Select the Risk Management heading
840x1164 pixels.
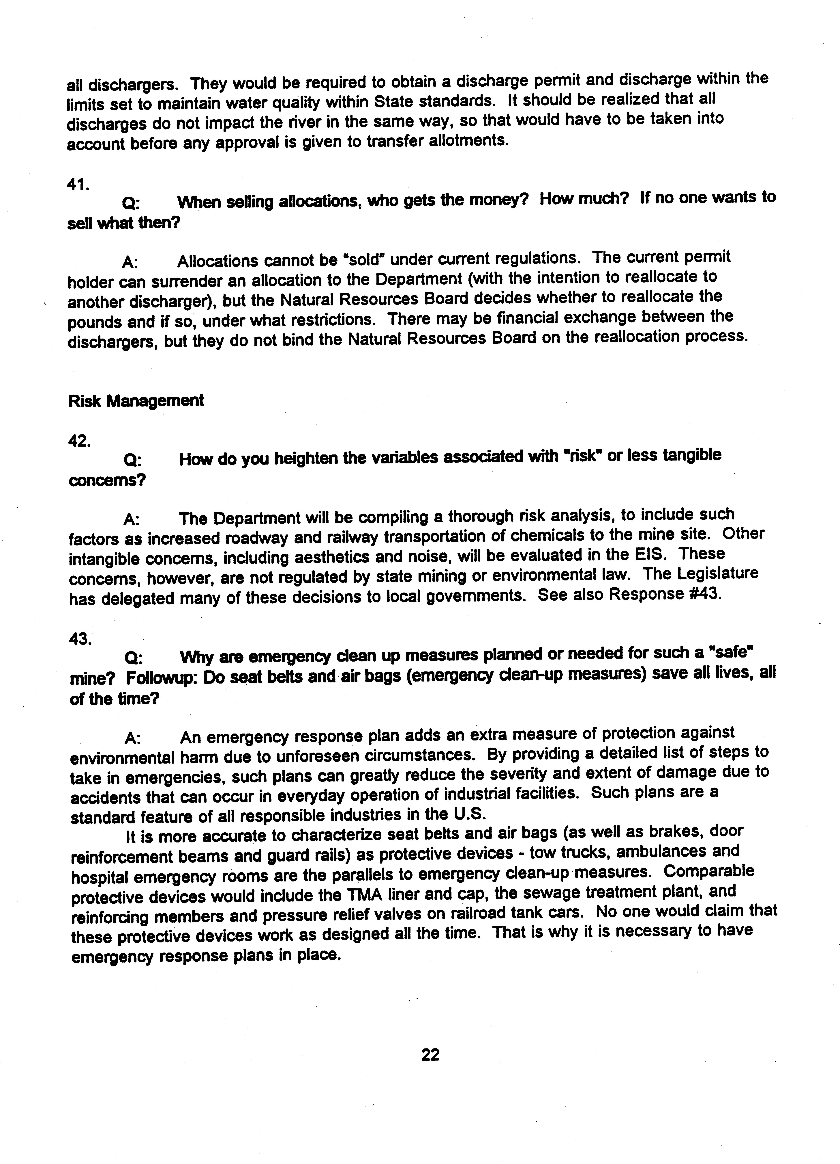click(136, 401)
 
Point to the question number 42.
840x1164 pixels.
click(79, 441)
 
